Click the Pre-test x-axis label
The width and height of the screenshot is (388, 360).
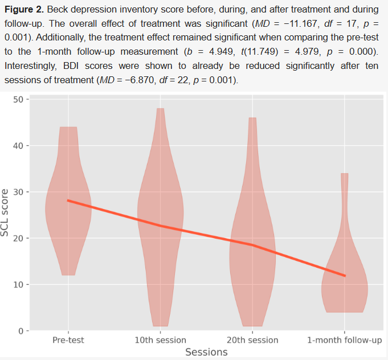pos(68,340)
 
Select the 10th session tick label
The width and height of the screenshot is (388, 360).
pos(160,340)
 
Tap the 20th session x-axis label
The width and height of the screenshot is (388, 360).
pos(252,340)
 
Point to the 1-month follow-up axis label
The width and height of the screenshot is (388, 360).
pos(345,340)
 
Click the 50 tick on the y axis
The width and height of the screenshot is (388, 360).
pos(18,99)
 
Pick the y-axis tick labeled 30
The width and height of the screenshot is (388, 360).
pos(18,192)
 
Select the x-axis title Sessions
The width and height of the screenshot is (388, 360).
pos(206,352)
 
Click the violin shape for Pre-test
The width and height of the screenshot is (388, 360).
pos(68,216)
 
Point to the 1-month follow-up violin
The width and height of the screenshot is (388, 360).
pos(345,285)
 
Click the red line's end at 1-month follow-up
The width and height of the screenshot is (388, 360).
pos(345,276)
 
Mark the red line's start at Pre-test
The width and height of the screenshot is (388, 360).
pos(68,201)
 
